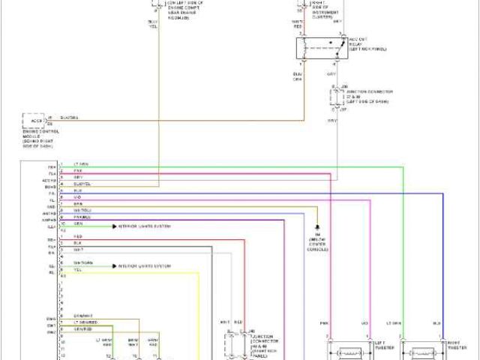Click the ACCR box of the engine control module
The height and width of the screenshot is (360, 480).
34,120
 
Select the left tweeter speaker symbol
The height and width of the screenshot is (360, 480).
349,351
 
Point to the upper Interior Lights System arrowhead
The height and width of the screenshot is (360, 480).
115,225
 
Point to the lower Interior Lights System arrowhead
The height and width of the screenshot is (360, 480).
115,266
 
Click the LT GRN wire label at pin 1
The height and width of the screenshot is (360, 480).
79,164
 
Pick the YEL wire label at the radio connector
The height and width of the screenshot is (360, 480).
76,271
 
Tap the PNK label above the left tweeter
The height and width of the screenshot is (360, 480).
325,323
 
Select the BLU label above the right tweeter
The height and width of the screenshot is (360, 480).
436,323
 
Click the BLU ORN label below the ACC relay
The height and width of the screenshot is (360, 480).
298,76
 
